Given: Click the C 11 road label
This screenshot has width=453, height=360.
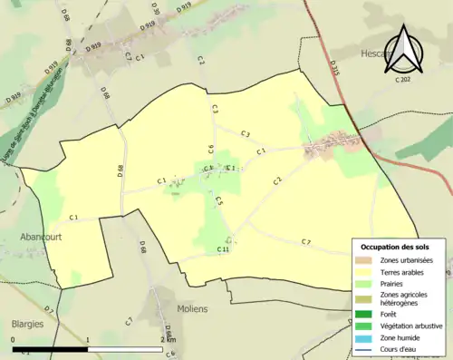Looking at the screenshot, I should click(223, 249).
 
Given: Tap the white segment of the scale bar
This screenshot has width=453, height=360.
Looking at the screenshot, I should click(125, 348).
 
